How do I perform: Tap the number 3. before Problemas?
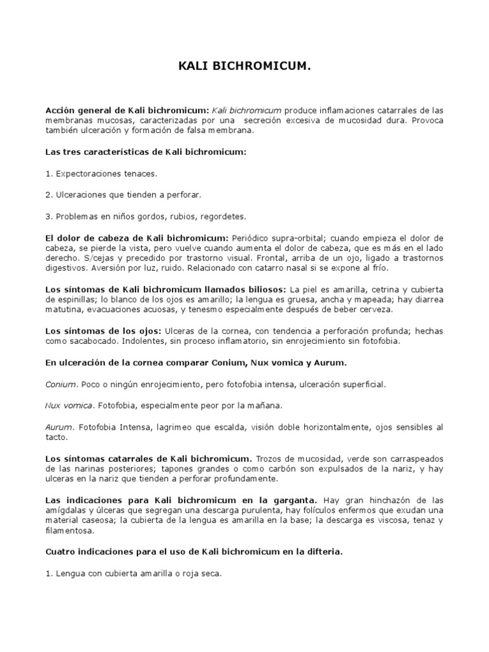[x=49, y=216]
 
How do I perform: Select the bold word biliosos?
[x=267, y=289]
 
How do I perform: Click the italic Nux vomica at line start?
[x=69, y=405]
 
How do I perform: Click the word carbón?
[x=310, y=469]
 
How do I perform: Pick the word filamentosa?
[x=72, y=530]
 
